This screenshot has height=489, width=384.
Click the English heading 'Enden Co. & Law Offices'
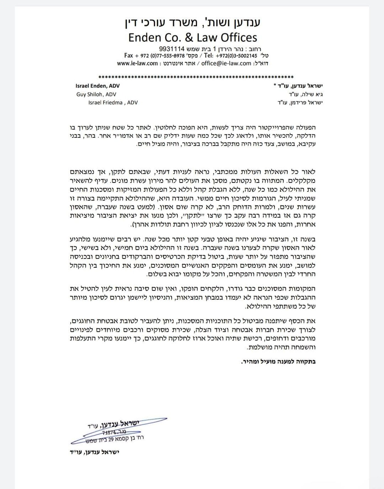coord(193,38)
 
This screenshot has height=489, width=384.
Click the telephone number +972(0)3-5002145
coord(236,56)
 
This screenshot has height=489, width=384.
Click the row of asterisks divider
coord(196,77)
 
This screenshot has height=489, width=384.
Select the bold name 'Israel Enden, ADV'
coord(97,86)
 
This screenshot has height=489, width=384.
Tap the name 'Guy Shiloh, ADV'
coord(96,95)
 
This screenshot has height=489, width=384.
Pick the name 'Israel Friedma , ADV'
coord(113,103)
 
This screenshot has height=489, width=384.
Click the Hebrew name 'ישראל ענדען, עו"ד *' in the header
coord(298,86)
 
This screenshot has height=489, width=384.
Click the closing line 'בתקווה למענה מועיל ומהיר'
coord(278,362)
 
